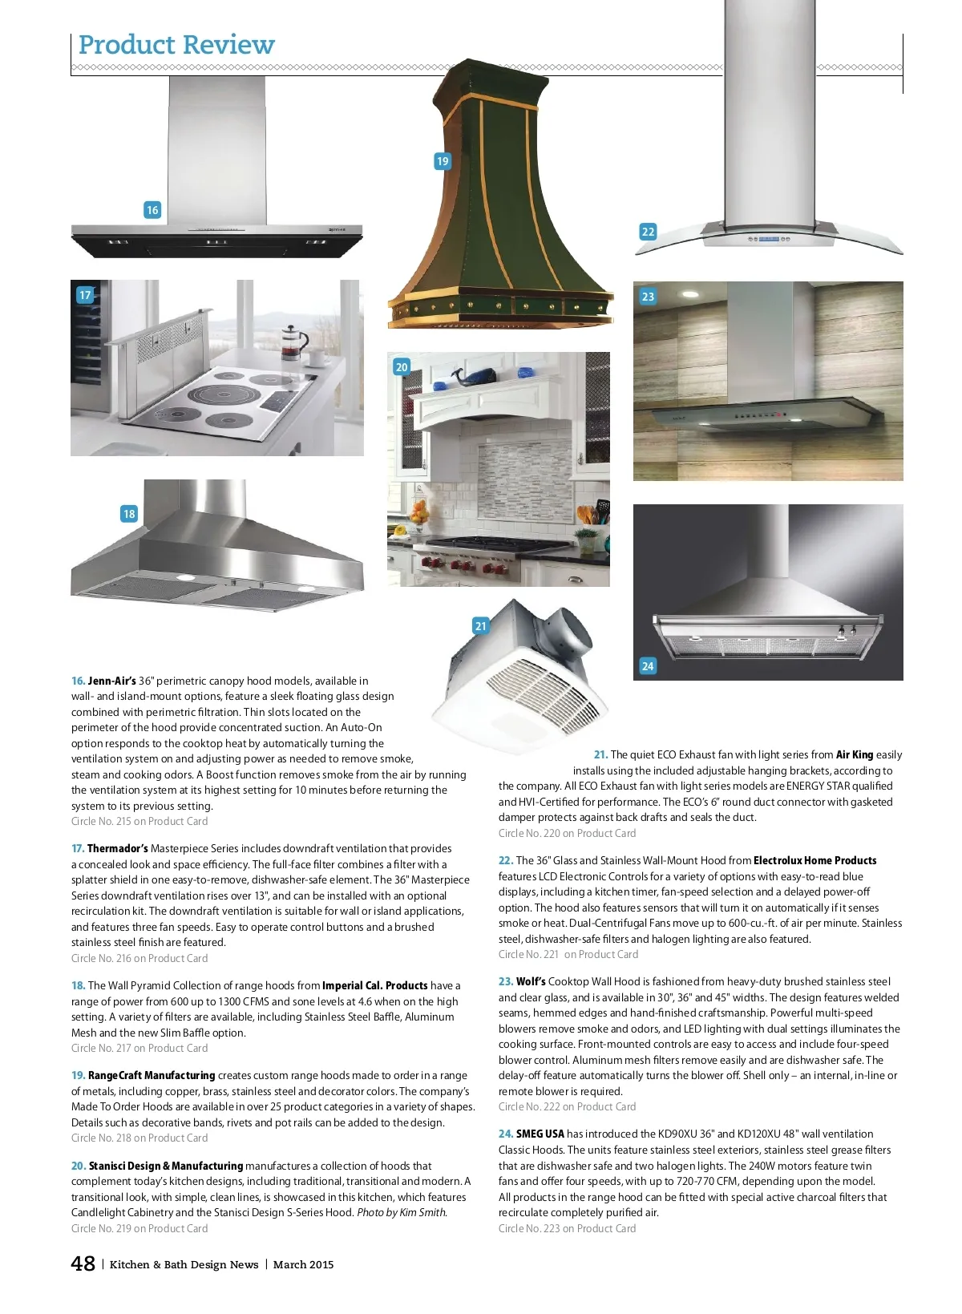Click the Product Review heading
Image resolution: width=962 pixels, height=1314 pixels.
(176, 45)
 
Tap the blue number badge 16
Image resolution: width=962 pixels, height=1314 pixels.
(152, 210)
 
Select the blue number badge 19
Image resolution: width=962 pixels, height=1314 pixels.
(443, 161)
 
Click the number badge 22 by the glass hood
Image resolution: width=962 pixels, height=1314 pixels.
(648, 232)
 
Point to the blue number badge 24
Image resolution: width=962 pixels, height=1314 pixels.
(648, 665)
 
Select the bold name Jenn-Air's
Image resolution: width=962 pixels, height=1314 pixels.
(111, 681)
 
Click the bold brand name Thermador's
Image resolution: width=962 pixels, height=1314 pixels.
(117, 849)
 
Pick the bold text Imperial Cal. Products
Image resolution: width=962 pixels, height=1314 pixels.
(375, 986)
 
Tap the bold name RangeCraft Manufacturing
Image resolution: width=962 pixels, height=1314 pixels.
(152, 1076)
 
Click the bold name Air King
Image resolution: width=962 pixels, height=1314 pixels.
(854, 755)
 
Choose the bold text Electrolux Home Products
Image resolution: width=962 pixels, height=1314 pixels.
(814, 860)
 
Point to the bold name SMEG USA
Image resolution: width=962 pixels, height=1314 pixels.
(540, 1134)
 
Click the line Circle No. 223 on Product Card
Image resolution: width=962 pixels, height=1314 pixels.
(567, 1228)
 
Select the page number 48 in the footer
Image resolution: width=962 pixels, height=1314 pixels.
(83, 1263)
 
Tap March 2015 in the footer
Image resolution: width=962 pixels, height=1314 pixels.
(303, 1264)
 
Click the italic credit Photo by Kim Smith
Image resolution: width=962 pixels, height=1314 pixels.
(402, 1212)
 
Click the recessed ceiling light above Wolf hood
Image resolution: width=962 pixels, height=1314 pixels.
(690, 294)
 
